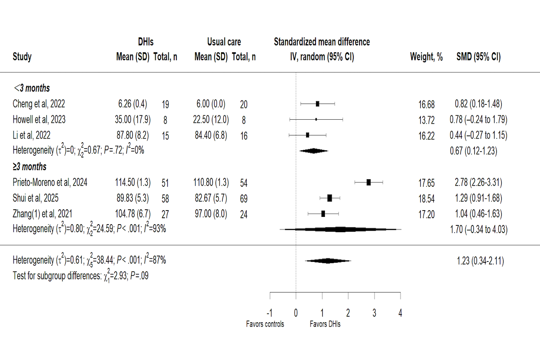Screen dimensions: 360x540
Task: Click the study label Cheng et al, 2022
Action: pos(39,104)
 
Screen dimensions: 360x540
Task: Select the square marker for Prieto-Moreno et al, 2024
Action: pos(369,182)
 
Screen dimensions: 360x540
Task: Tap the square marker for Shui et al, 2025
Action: pos(329,198)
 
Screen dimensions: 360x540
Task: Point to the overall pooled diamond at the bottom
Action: pos(328,261)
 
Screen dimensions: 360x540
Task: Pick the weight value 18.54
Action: pos(426,198)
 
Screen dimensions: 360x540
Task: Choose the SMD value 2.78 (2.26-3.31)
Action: pos(477,182)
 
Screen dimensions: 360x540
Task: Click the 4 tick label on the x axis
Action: pos(400,313)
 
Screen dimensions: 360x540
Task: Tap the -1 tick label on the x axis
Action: pos(269,313)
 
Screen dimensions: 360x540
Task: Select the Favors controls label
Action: pos(265,324)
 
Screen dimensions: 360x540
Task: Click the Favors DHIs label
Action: pos(325,324)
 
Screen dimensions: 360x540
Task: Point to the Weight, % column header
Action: pos(426,57)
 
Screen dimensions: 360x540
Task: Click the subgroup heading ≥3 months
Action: pos(30,167)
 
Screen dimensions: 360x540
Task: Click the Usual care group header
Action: pos(224,42)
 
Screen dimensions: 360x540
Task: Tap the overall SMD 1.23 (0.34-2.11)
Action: pos(477,261)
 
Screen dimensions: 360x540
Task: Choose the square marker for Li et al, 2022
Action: pos(307,135)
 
